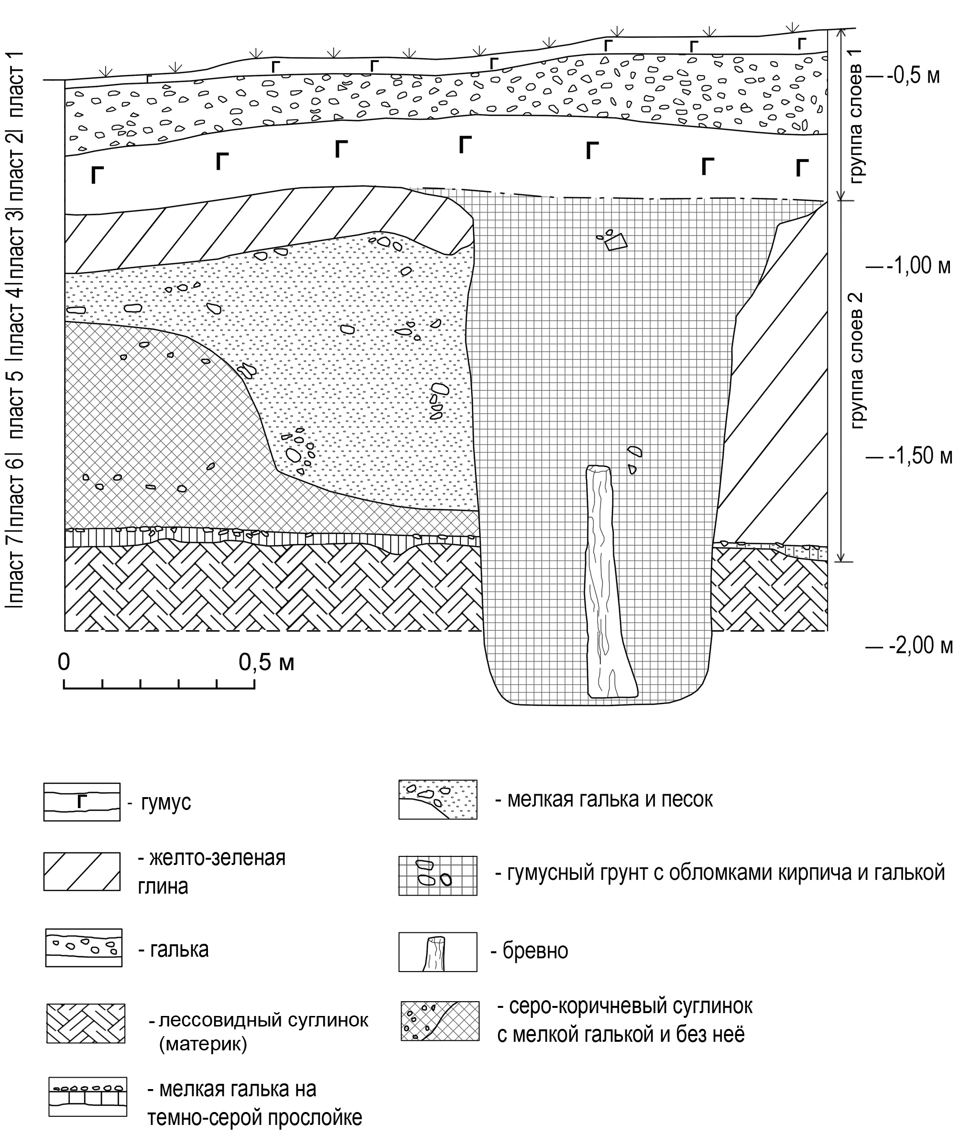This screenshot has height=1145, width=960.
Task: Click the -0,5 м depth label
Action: [x=913, y=76]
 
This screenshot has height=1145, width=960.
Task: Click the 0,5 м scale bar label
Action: [x=266, y=662]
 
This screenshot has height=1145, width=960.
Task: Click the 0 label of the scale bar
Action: [x=64, y=662]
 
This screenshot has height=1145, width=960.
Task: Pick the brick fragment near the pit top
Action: [x=616, y=241]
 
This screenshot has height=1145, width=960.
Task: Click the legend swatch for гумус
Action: [x=82, y=802]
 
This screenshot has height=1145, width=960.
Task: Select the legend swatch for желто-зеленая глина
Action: [x=82, y=871]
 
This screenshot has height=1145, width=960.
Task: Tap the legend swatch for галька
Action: [x=84, y=948]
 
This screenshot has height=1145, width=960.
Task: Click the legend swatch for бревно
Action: [x=437, y=952]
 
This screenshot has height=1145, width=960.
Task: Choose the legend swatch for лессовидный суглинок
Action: [x=86, y=1024]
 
